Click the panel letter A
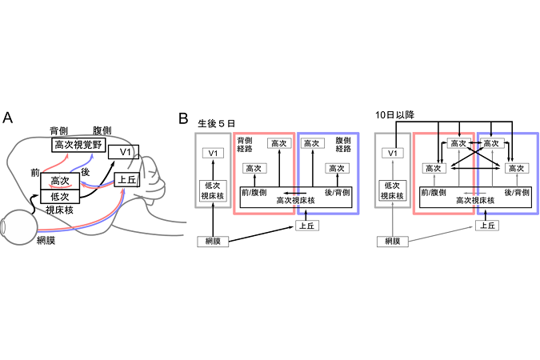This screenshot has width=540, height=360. click(8, 118)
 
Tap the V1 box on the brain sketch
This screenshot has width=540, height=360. click(124, 153)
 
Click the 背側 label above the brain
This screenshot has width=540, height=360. click(58, 130)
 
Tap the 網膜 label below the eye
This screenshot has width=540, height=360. click(46, 241)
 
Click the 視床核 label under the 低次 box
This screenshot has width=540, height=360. click(59, 210)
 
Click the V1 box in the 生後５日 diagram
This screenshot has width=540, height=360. click(211, 153)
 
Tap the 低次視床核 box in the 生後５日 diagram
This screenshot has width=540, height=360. click(212, 190)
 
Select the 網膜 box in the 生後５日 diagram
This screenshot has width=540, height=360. click(212, 240)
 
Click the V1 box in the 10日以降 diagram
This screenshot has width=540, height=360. click(392, 153)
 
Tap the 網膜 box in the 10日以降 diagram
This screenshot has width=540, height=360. click(392, 240)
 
